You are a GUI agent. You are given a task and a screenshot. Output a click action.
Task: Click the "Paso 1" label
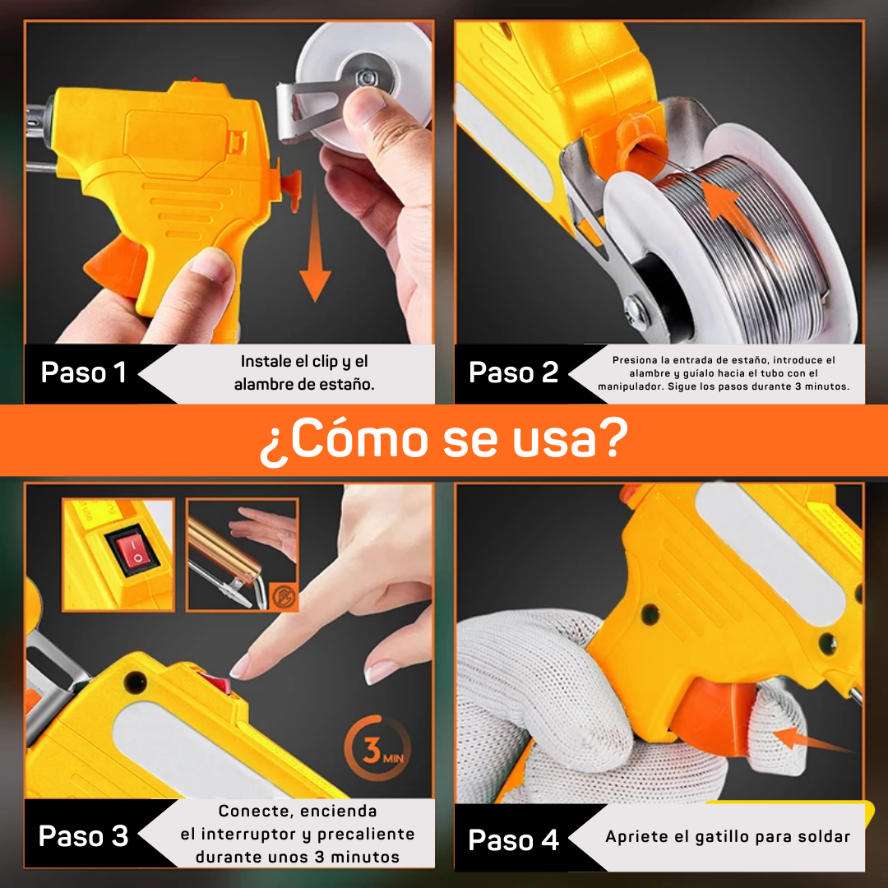83,372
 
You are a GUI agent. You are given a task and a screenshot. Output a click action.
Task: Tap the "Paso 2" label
514,372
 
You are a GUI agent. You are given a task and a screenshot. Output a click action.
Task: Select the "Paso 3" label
83,836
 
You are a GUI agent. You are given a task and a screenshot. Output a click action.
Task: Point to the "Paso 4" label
514,839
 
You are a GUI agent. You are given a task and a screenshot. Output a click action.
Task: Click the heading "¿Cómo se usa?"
444,440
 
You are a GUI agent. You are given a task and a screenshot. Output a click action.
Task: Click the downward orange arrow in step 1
315,247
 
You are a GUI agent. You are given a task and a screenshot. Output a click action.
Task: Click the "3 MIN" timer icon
377,749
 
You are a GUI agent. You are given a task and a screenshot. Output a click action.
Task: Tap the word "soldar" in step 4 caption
825,837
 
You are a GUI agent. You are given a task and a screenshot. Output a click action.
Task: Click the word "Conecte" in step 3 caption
252,811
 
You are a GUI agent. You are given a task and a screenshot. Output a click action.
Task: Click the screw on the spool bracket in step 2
634,308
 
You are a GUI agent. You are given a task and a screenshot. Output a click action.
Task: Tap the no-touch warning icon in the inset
283,596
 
